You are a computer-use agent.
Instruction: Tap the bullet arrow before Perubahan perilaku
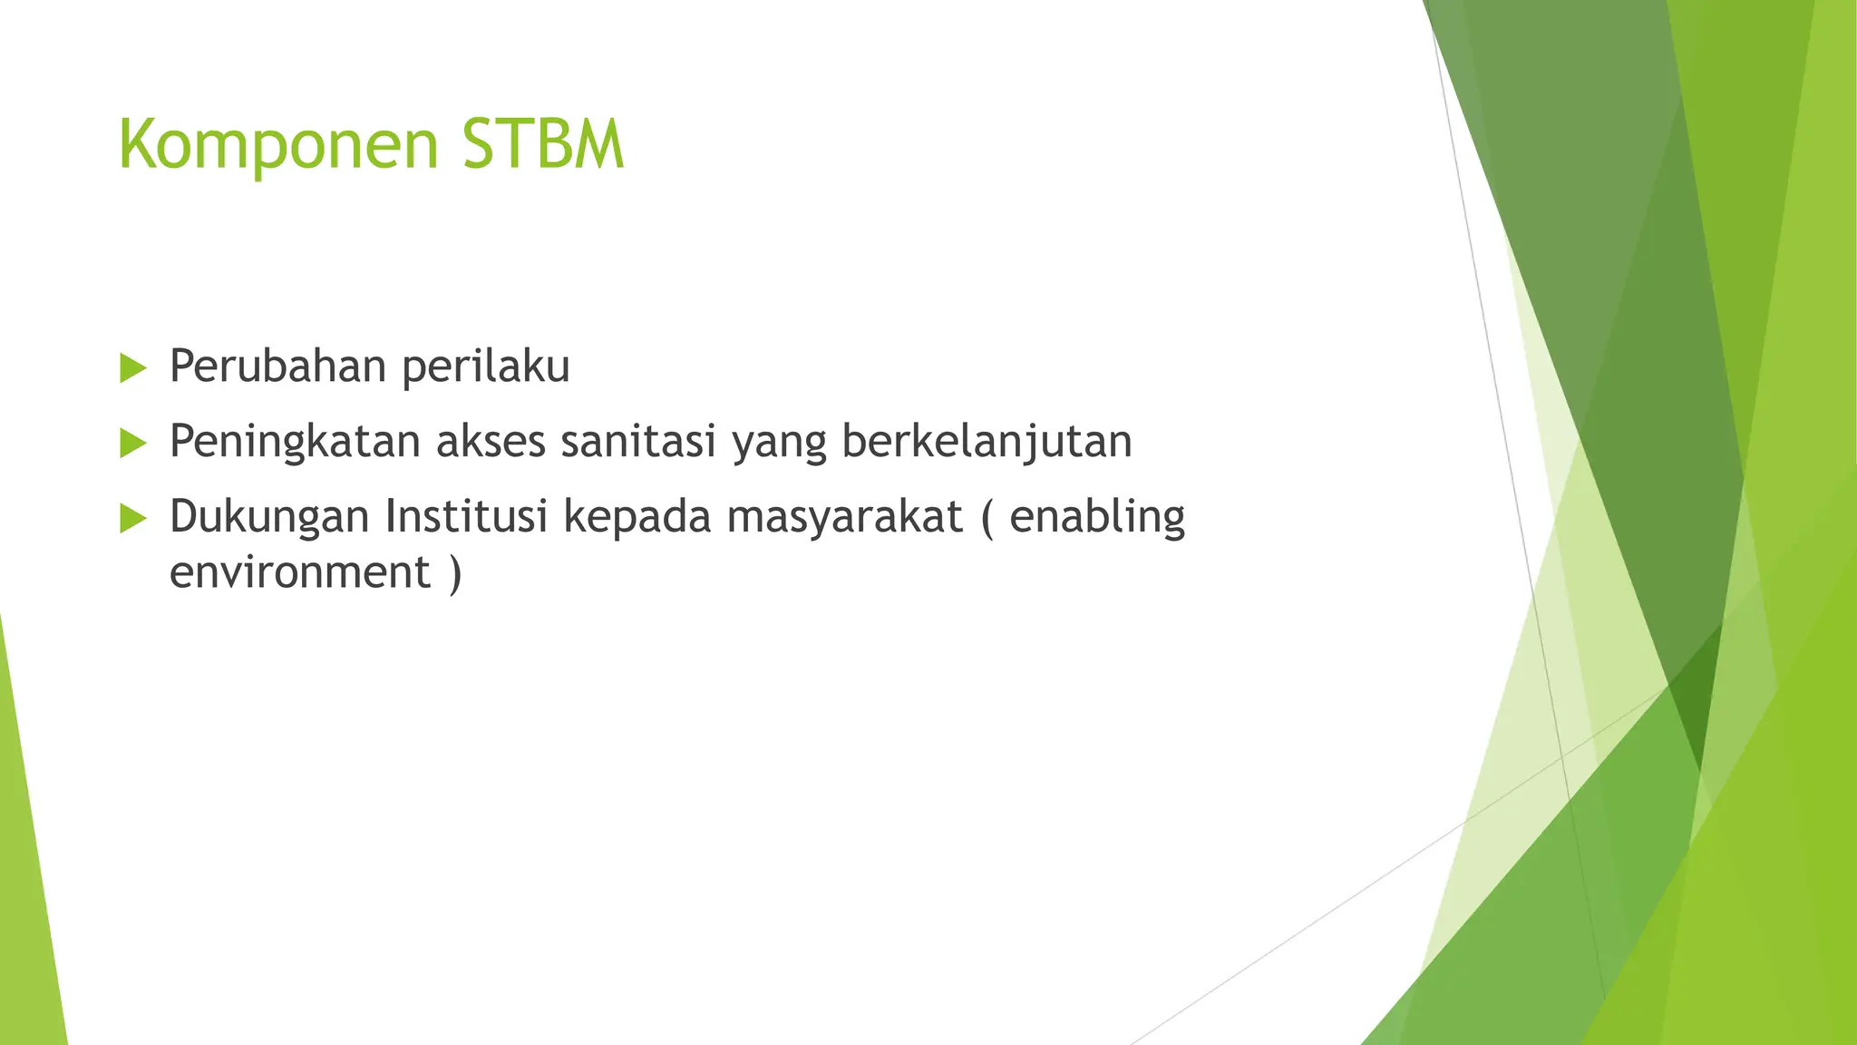133,368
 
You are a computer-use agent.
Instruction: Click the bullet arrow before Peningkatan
133,444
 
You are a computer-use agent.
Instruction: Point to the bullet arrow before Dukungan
133,519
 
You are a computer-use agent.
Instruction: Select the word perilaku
486,366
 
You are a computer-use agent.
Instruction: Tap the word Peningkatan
296,443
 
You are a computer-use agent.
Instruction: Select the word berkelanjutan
987,443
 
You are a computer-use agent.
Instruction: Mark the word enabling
1097,517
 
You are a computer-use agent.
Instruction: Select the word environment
300,573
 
